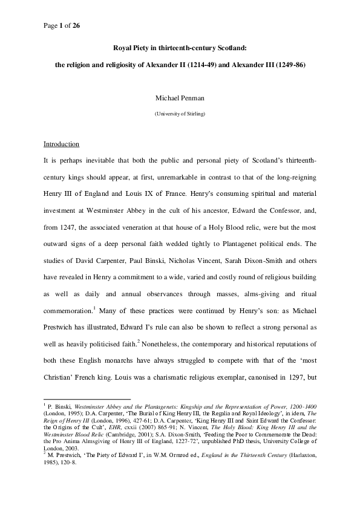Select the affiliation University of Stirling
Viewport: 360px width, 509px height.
(x=180, y=114)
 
